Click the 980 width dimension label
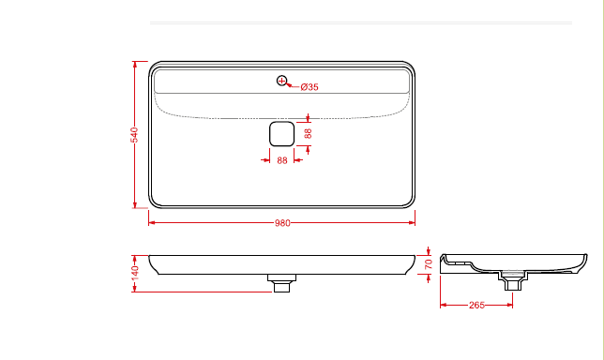point(282,223)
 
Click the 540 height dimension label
point(134,135)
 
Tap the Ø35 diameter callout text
point(310,87)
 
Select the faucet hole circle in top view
point(282,81)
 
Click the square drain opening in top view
point(282,134)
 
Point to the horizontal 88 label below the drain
point(282,160)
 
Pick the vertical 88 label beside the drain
point(308,134)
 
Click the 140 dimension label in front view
point(134,273)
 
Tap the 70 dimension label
point(429,264)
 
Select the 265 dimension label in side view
point(476,305)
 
